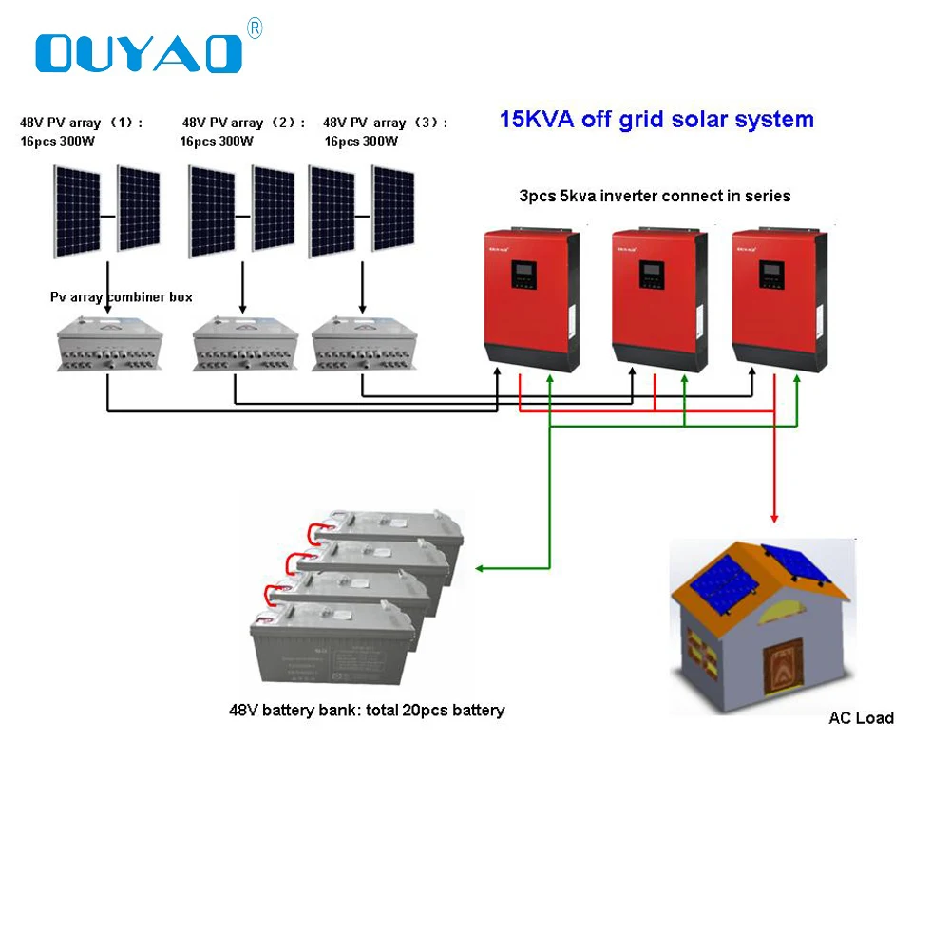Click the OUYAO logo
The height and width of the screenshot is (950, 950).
[x=139, y=53]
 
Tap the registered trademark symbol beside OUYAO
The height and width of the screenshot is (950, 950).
[x=254, y=29]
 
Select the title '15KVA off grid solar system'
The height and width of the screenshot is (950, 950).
[x=656, y=120]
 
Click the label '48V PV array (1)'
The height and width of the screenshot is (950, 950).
[x=82, y=123]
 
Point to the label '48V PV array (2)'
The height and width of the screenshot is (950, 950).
[x=243, y=123]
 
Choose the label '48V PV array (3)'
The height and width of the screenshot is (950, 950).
[x=385, y=123]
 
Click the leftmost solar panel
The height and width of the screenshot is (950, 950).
[x=77, y=211]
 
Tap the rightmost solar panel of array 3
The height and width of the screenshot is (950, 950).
[x=392, y=209]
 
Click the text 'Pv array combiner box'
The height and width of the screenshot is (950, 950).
[x=121, y=297]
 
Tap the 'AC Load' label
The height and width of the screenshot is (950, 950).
[x=861, y=717]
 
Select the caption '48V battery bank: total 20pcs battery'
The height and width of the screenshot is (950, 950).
[x=367, y=710]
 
